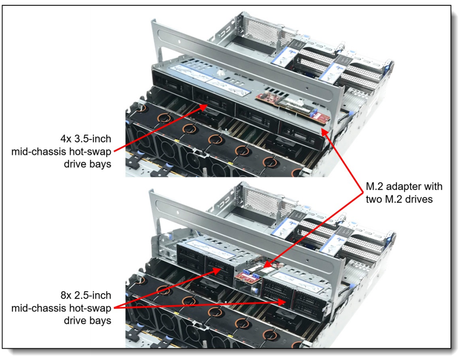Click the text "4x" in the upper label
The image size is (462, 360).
pos(65,139)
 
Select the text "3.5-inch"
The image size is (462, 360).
pos(92,139)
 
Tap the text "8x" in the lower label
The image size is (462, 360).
pos(65,295)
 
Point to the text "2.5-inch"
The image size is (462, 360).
pos(92,295)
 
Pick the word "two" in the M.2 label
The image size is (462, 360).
pos(374,199)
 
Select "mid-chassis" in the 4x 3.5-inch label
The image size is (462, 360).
pos(38,152)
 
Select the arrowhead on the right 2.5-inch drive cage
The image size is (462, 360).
pos(282,302)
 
